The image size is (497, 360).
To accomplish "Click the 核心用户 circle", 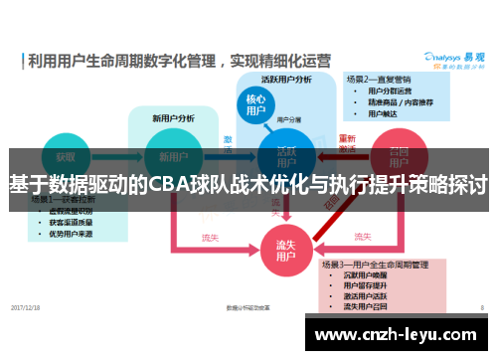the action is tap(254, 105).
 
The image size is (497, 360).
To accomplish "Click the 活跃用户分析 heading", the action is tap(286, 79).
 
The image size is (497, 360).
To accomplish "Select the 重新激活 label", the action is tap(348, 143).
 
